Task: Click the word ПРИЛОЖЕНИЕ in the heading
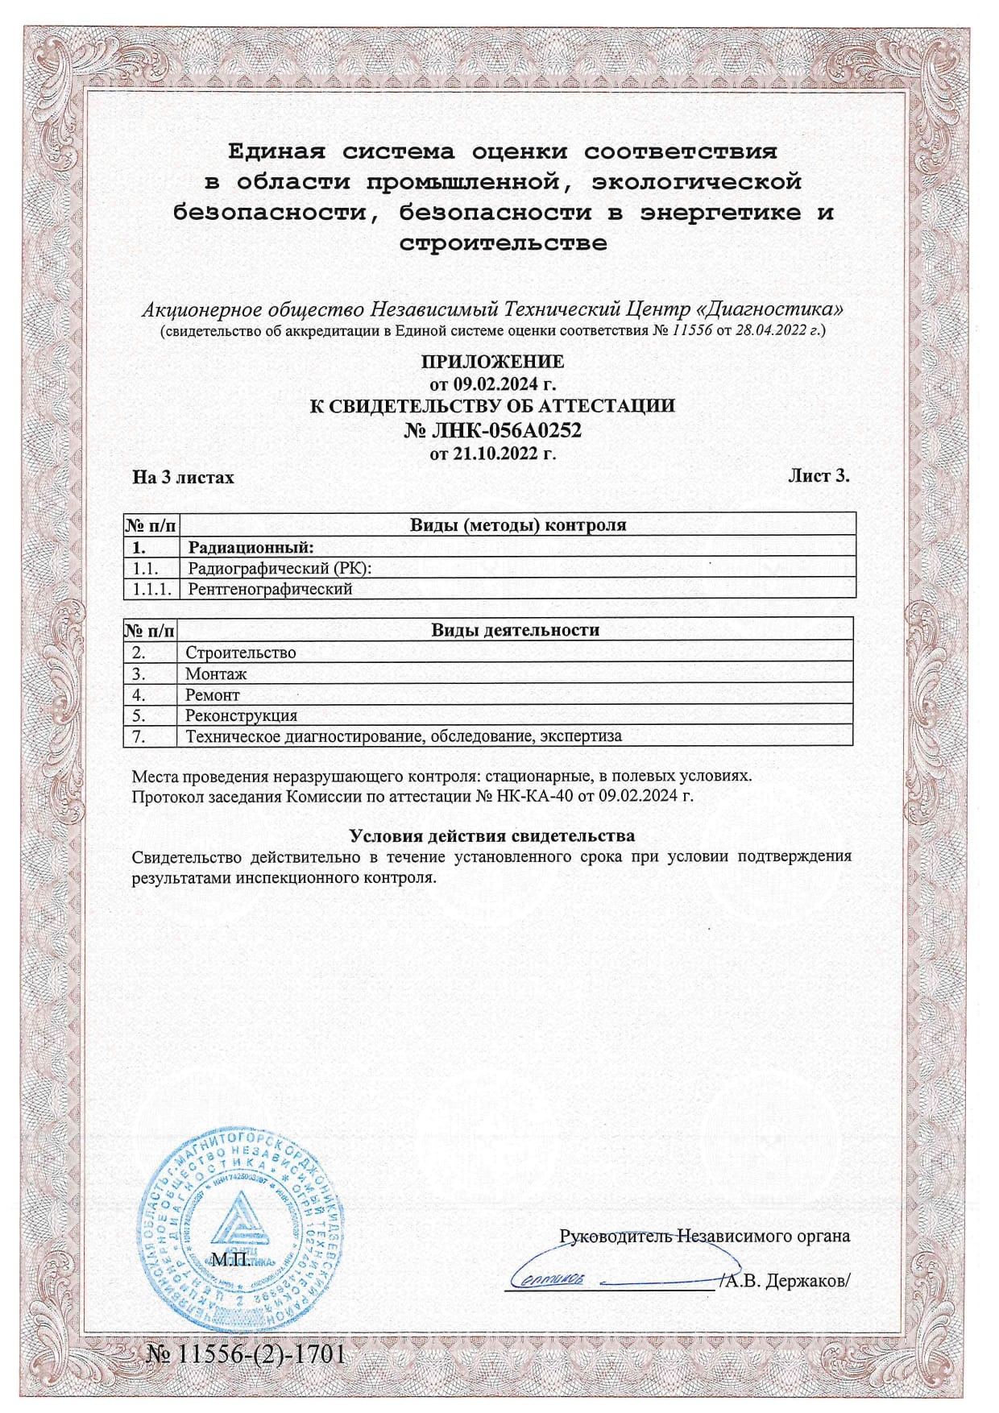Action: point(492,361)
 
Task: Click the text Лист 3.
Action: point(819,475)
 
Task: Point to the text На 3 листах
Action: point(183,478)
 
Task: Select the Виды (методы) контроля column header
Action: point(518,525)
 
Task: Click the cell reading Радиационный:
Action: point(251,548)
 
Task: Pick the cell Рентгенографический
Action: point(270,589)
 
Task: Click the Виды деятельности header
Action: point(515,630)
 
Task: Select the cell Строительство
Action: point(240,653)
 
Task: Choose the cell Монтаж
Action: point(216,673)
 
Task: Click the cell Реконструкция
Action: point(241,715)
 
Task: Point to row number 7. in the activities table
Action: point(139,736)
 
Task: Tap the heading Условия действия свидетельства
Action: point(491,835)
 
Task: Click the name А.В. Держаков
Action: point(786,1280)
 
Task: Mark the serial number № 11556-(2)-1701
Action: point(246,1353)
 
